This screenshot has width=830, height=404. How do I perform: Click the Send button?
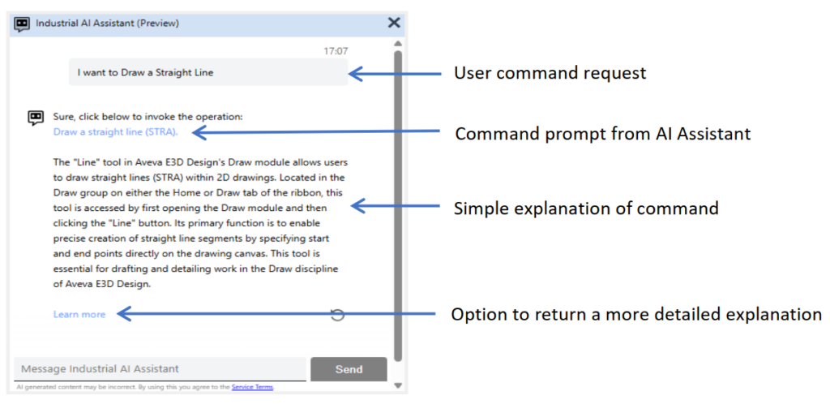[349, 369]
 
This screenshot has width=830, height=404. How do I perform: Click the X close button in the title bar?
[394, 22]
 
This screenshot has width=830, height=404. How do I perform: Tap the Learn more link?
[79, 315]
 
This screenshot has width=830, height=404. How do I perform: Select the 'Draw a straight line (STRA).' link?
[115, 132]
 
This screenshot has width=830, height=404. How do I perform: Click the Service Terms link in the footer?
[253, 387]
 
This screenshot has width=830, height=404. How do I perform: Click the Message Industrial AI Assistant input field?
[160, 369]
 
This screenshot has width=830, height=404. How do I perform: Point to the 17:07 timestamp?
[336, 51]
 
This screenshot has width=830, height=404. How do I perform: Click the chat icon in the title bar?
[22, 24]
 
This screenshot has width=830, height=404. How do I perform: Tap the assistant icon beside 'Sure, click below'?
[36, 117]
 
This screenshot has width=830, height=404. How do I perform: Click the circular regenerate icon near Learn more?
[337, 315]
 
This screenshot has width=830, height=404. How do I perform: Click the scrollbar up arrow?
[398, 44]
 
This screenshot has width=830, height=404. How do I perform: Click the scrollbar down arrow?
[398, 385]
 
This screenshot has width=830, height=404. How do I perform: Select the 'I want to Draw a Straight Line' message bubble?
[208, 72]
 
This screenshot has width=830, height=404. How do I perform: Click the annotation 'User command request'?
[550, 72]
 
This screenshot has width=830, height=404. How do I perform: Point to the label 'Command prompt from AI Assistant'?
[603, 134]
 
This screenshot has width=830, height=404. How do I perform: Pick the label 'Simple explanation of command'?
[586, 208]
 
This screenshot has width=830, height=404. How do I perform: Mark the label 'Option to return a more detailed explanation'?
[636, 314]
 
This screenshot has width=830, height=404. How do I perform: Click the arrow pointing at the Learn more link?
[276, 314]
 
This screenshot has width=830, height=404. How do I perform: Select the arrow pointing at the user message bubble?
[395, 74]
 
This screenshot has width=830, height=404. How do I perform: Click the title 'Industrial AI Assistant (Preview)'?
[108, 24]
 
